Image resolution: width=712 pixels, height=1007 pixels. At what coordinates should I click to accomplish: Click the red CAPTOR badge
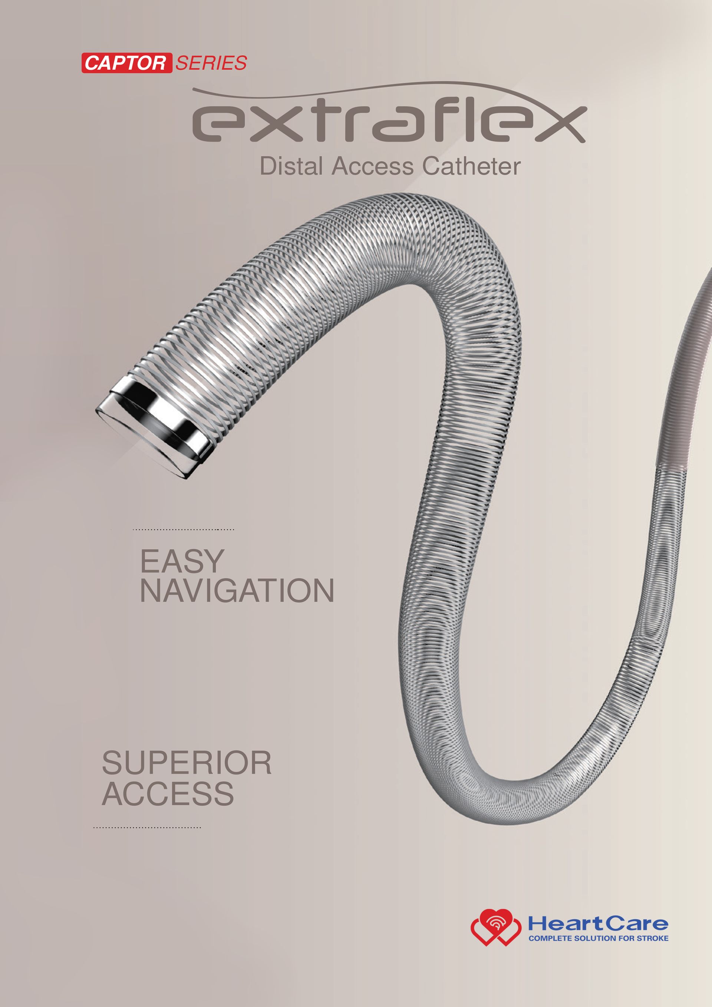(x=126, y=63)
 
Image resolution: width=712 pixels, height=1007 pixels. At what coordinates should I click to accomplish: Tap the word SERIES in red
(x=211, y=63)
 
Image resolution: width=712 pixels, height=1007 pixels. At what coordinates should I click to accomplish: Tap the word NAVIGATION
(x=237, y=591)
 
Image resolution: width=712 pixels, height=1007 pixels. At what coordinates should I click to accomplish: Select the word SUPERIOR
(x=187, y=763)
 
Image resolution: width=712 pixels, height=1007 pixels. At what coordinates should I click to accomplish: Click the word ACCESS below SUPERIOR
(x=168, y=794)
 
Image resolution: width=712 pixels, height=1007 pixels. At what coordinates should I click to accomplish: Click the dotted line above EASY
(x=183, y=529)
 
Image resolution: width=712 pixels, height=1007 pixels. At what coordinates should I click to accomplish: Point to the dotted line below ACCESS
(x=147, y=828)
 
